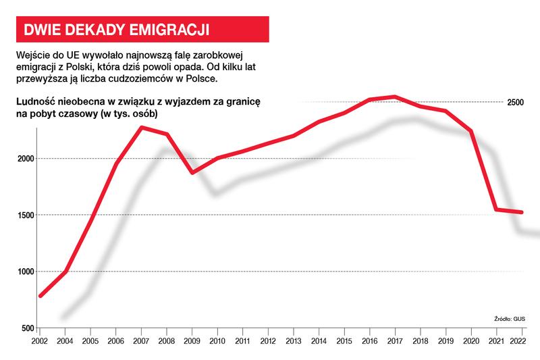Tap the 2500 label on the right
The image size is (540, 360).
516,102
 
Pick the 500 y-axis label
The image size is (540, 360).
26,328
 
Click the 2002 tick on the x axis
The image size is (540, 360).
40,341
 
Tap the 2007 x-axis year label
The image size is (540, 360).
142,341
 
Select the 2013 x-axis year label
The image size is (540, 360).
293,341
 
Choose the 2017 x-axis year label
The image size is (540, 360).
394,341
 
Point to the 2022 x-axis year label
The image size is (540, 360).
518,341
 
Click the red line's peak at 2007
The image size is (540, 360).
142,127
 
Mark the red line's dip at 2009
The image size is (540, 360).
192,173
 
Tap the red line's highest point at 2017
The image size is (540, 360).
394,97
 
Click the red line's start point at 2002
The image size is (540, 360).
40,296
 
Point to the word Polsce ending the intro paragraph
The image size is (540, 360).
201,79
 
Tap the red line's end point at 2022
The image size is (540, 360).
521,212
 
